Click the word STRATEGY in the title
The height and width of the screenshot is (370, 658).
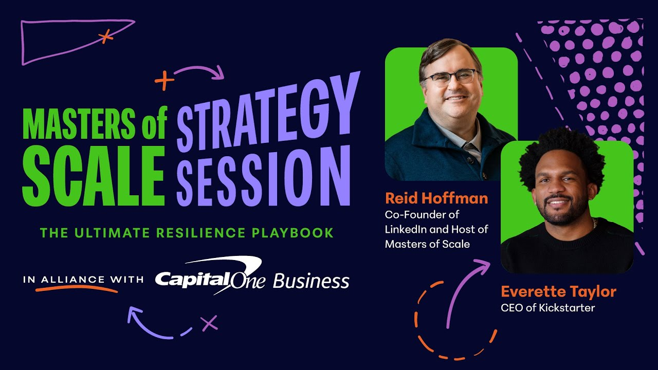click(x=268, y=111)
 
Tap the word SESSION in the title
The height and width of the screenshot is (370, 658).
click(x=264, y=176)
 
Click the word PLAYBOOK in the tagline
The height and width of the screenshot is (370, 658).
click(x=293, y=233)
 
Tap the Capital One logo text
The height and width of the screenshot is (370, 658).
click(x=210, y=276)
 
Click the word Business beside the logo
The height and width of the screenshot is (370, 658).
click(x=311, y=281)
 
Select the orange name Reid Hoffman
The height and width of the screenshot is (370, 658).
click(x=436, y=198)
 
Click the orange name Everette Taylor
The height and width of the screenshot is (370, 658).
click(x=558, y=292)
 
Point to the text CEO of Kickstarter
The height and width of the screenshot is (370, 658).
click(x=548, y=308)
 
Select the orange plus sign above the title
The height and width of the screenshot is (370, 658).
click(x=164, y=80)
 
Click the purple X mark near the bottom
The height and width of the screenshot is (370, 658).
click(x=209, y=324)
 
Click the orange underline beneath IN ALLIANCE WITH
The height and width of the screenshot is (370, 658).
click(x=77, y=288)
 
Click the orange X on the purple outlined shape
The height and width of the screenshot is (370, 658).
click(x=106, y=36)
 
